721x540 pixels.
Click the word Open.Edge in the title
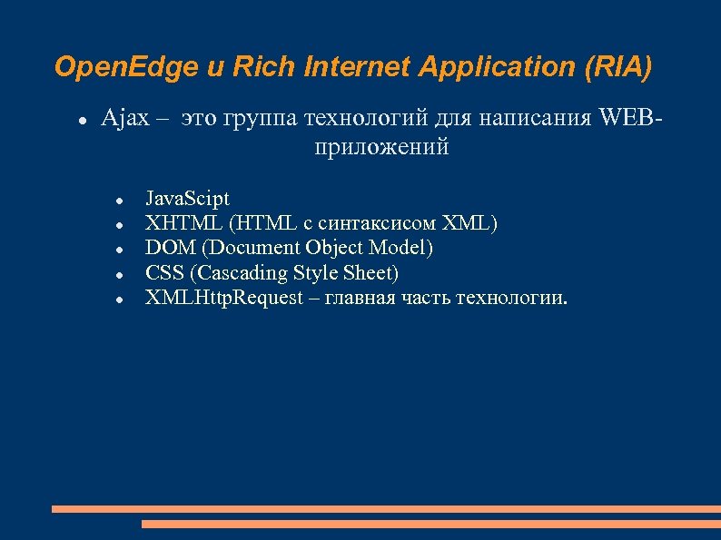click(x=105, y=67)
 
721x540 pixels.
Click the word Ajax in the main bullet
click(x=124, y=118)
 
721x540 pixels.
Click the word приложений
click(x=381, y=147)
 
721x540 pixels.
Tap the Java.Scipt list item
click(x=188, y=198)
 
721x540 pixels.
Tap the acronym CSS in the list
click(x=164, y=273)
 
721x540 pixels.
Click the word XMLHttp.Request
click(x=224, y=299)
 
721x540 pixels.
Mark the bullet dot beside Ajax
click(x=82, y=120)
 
